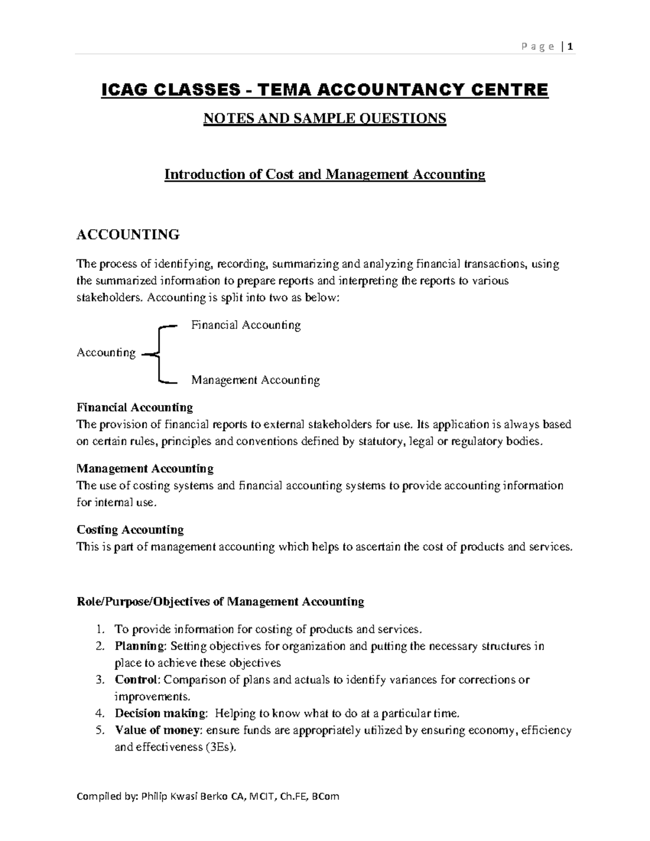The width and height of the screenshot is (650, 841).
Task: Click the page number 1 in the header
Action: click(x=570, y=47)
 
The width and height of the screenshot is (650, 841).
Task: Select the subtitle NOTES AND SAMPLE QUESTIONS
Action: click(x=324, y=118)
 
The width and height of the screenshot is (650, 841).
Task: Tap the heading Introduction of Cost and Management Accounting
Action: click(x=324, y=174)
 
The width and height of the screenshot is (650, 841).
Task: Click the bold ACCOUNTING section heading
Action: click(x=128, y=234)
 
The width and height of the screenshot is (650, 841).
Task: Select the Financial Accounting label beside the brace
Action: click(x=246, y=325)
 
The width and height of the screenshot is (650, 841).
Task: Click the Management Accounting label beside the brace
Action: click(x=255, y=380)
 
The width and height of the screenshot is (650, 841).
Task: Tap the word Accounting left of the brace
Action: click(x=106, y=353)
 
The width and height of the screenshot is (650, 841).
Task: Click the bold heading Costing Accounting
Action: click(x=130, y=530)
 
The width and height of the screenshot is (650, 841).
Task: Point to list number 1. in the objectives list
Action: click(x=99, y=629)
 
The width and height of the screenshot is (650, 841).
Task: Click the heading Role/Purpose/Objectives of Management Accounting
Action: click(x=220, y=602)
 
